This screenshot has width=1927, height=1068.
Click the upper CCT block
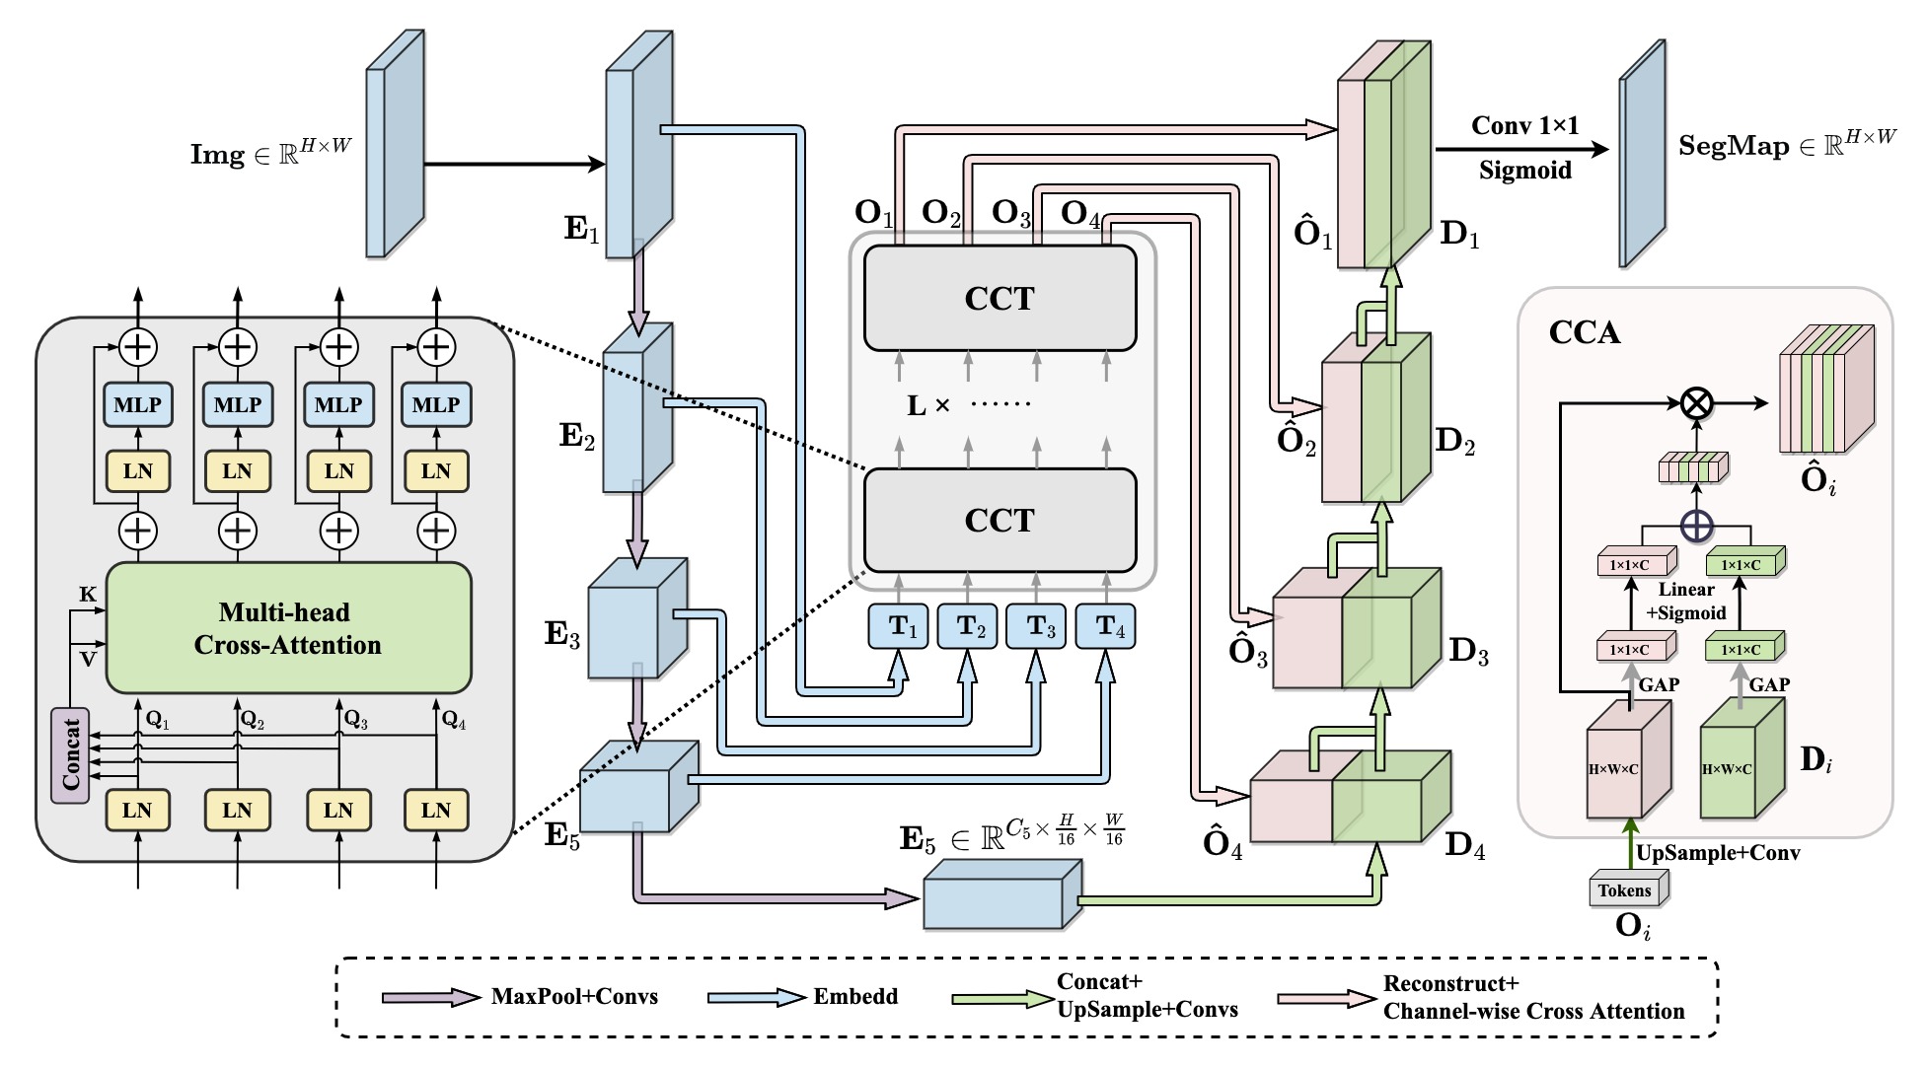1000,298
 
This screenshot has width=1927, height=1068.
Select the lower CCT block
1000,520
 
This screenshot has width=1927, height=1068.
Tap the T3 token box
1036,626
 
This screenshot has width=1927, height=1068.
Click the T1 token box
898,626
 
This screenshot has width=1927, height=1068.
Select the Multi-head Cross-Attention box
288,628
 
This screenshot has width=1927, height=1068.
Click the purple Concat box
70,755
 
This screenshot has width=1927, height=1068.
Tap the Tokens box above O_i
1628,890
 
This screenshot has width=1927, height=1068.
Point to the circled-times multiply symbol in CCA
1696,403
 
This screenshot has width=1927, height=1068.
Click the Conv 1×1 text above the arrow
1525,126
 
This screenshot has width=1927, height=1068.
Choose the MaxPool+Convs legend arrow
431,997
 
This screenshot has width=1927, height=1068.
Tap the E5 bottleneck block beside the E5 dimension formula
1002,894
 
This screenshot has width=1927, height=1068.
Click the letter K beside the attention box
88,594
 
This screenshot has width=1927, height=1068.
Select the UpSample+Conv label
1718,853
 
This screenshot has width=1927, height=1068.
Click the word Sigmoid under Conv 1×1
1524,171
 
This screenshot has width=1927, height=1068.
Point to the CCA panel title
1585,332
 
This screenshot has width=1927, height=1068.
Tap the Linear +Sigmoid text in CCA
1686,601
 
